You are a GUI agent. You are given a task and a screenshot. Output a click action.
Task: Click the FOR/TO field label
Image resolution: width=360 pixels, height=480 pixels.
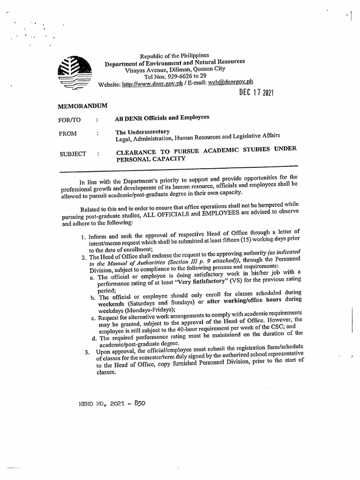pos(70,120)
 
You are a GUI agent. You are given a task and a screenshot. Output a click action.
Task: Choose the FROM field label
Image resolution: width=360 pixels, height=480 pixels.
pos(67,134)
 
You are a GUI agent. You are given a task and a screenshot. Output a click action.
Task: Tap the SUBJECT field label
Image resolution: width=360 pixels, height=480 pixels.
pos(73,154)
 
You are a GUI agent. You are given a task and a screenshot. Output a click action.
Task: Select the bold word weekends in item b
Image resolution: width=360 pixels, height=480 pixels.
pos(112,304)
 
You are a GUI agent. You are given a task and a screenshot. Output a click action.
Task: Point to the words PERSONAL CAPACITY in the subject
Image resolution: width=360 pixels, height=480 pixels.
pos(150,158)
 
